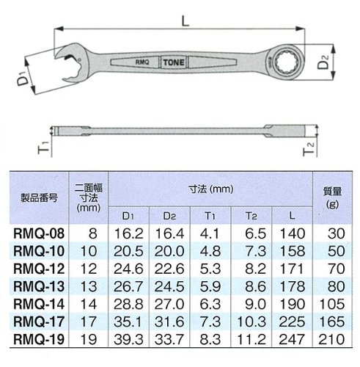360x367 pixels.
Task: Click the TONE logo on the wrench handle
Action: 174,62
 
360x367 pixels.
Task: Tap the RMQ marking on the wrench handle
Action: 142,62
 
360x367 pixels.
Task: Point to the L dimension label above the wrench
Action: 185,21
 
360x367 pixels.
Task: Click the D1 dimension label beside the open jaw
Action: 23,79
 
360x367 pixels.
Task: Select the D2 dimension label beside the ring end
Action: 323,62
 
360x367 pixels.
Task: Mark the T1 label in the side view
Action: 44,148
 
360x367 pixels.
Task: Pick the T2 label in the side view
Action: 309,149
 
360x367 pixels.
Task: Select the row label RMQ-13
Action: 39,286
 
